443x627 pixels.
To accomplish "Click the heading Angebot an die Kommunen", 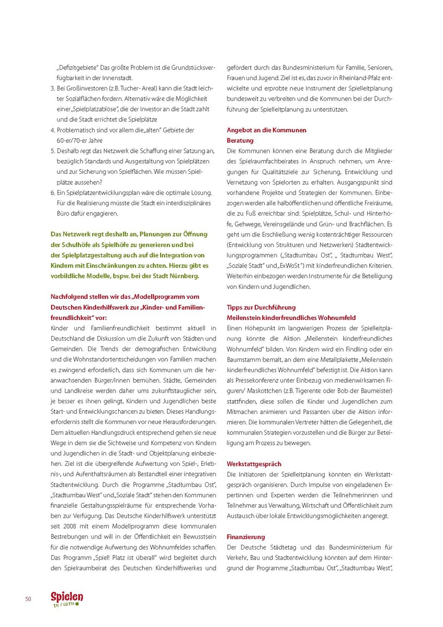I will click(x=266, y=130).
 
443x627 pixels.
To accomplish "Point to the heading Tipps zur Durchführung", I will click(x=261, y=307).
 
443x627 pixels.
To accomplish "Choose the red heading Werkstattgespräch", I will click(x=254, y=464).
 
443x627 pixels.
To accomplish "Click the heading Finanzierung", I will click(x=246, y=536).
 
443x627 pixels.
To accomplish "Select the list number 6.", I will click(x=52, y=193).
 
